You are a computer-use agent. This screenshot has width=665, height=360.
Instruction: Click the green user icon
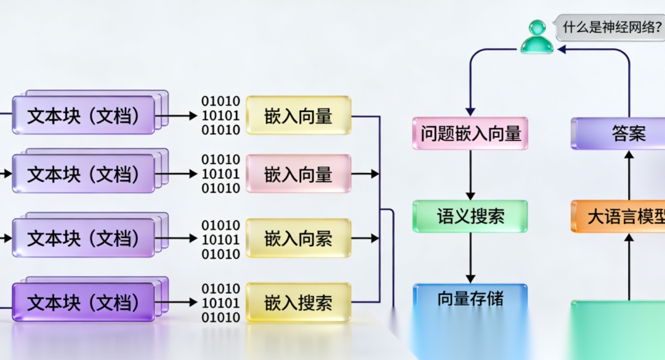point(536,36)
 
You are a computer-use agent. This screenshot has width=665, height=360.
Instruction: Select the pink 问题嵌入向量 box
point(470,133)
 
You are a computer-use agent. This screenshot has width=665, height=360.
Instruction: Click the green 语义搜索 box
point(470,216)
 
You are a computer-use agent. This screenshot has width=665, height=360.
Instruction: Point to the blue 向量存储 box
point(470,299)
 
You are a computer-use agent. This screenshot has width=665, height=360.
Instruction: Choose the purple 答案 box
point(628,133)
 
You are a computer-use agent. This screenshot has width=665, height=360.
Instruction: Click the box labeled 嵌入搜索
point(299,302)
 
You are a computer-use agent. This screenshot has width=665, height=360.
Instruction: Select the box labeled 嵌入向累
point(299,238)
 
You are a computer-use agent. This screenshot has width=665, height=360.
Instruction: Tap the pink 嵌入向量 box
point(299,174)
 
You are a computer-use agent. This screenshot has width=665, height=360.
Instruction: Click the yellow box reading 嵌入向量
point(299,115)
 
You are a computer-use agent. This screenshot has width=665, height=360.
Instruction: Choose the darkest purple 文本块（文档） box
point(83,302)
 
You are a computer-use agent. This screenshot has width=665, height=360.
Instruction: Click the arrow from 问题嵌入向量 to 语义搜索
point(470,174)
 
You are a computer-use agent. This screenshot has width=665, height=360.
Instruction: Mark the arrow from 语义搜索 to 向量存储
point(470,257)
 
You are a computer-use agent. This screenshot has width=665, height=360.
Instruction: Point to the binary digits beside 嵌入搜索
point(220,303)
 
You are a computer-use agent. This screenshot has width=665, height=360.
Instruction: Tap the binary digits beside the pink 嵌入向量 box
point(220,174)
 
